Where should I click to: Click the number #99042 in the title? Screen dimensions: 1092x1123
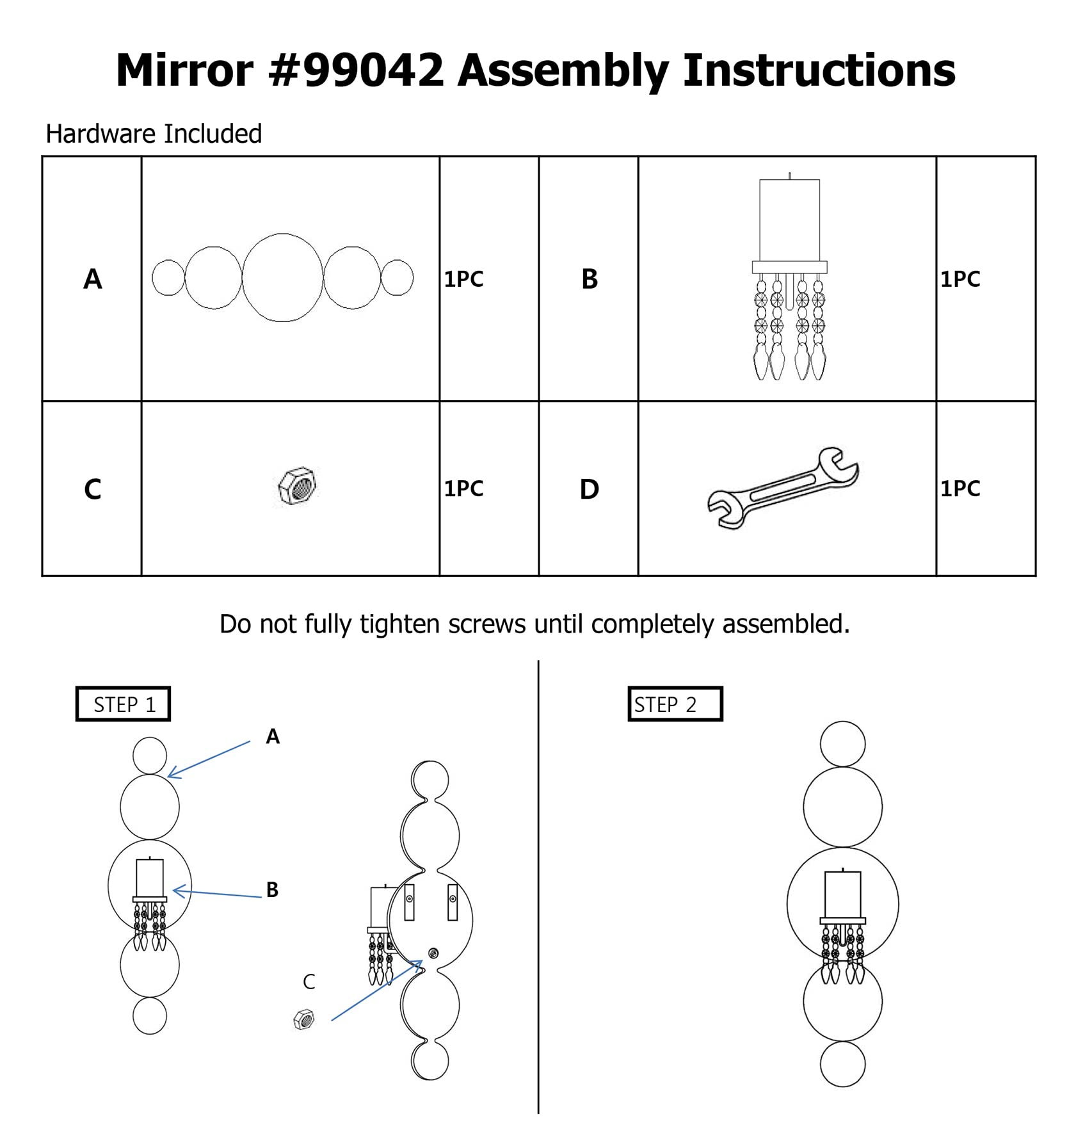pyautogui.click(x=356, y=70)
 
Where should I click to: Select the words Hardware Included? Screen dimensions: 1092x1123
pyautogui.click(x=154, y=134)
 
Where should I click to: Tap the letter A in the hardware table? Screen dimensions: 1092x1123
pyautogui.click(x=93, y=279)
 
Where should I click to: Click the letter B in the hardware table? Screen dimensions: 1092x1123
pyautogui.click(x=590, y=279)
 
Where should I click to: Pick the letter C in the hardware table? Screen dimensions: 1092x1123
pyautogui.click(x=93, y=489)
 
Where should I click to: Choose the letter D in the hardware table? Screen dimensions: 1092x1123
pyautogui.click(x=590, y=489)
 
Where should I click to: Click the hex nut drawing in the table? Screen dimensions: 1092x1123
pyautogui.click(x=298, y=485)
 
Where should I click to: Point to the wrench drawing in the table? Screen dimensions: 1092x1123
pyautogui.click(x=783, y=488)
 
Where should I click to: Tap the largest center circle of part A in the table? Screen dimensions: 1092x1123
pyautogui.click(x=282, y=277)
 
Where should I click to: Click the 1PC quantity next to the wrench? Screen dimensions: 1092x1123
pyautogui.click(x=960, y=489)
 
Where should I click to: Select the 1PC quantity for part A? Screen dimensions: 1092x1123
pyautogui.click(x=464, y=279)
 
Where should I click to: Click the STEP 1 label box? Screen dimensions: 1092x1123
pyautogui.click(x=124, y=704)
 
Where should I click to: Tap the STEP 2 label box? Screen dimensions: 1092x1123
pyautogui.click(x=675, y=704)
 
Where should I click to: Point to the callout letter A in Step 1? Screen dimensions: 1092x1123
pyautogui.click(x=273, y=736)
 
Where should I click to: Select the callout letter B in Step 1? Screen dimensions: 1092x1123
pyautogui.click(x=272, y=889)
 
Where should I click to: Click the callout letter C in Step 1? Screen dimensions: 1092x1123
pyautogui.click(x=309, y=982)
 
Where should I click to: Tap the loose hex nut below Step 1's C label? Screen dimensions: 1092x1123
pyautogui.click(x=304, y=1019)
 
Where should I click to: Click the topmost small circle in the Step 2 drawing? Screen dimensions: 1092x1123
pyautogui.click(x=842, y=744)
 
